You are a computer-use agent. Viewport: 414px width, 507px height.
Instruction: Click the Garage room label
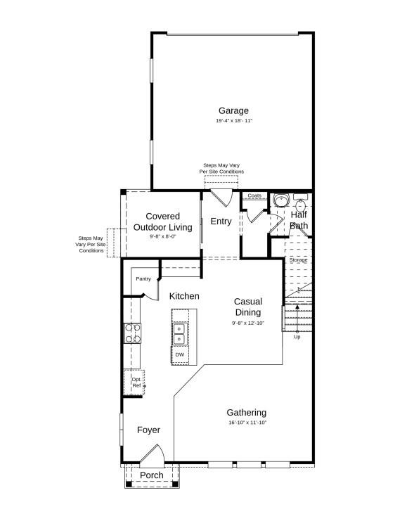tap(233, 110)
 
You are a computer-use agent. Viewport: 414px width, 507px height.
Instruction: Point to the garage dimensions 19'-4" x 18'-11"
tap(233, 121)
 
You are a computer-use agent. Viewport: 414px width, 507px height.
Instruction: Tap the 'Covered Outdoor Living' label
tap(162, 222)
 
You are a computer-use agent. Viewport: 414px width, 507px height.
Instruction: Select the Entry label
tap(221, 222)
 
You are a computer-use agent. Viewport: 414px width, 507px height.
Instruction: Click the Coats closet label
tap(254, 195)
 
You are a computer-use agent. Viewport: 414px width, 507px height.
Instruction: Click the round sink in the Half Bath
tap(281, 200)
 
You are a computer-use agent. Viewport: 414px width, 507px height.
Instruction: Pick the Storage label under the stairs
tap(299, 260)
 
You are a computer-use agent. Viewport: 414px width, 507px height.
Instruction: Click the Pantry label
tap(143, 278)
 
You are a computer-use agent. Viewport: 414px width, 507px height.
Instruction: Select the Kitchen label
tap(184, 296)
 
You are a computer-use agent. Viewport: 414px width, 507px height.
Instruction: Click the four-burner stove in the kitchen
tap(132, 333)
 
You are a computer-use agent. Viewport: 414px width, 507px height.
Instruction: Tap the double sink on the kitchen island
tap(180, 333)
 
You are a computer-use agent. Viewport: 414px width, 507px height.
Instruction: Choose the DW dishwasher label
tap(179, 354)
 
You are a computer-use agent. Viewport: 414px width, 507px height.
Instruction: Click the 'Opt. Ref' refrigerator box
tap(136, 383)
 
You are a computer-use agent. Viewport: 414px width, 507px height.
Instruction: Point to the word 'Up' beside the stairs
tap(297, 337)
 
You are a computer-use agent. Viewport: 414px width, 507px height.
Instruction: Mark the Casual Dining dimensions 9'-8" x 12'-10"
tap(247, 323)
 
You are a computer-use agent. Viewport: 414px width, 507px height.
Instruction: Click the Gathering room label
tap(246, 412)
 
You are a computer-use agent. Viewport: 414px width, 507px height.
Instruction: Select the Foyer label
tap(148, 430)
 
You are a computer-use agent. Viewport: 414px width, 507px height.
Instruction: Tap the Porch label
tap(151, 475)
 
